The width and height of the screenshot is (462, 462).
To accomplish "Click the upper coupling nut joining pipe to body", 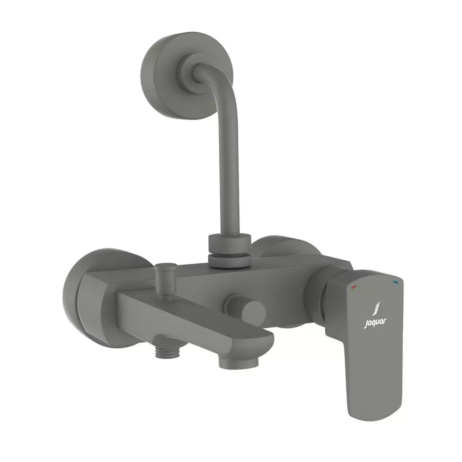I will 230,243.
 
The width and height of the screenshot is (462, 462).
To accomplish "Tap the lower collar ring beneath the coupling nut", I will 230,261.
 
